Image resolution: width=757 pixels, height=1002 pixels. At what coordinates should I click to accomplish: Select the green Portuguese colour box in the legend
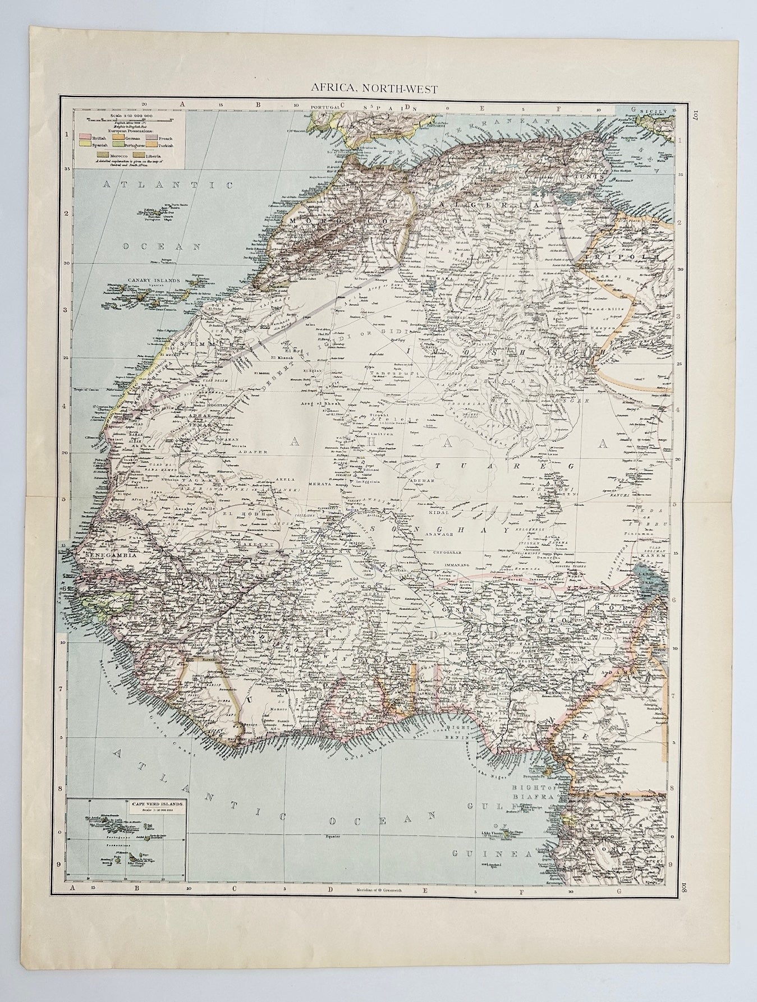(118, 144)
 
